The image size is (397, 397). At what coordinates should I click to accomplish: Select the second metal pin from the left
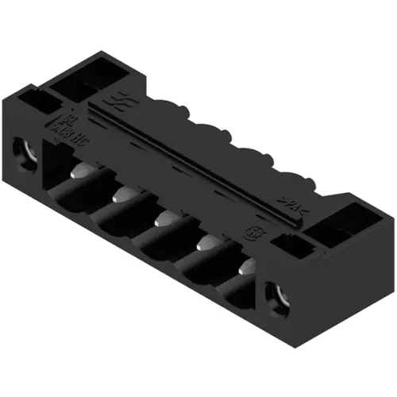click(121, 194)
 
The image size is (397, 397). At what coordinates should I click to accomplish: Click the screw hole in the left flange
click(22, 148)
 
